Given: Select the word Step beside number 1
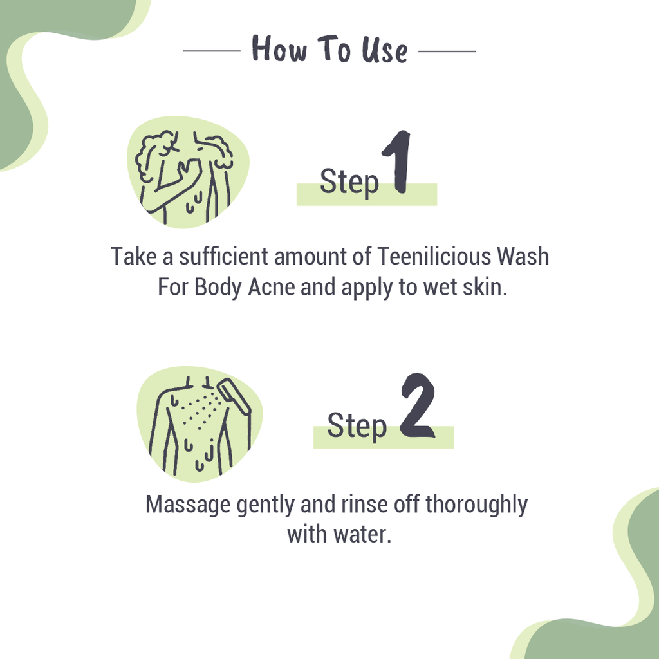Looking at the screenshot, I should click(x=349, y=182).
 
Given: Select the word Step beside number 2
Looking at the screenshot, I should click(x=357, y=425).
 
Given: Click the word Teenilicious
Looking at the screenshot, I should click(x=434, y=257).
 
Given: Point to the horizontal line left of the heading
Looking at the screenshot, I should click(x=211, y=50).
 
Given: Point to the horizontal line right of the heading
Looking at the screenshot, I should click(x=447, y=50).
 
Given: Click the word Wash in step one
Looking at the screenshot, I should click(x=523, y=257).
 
